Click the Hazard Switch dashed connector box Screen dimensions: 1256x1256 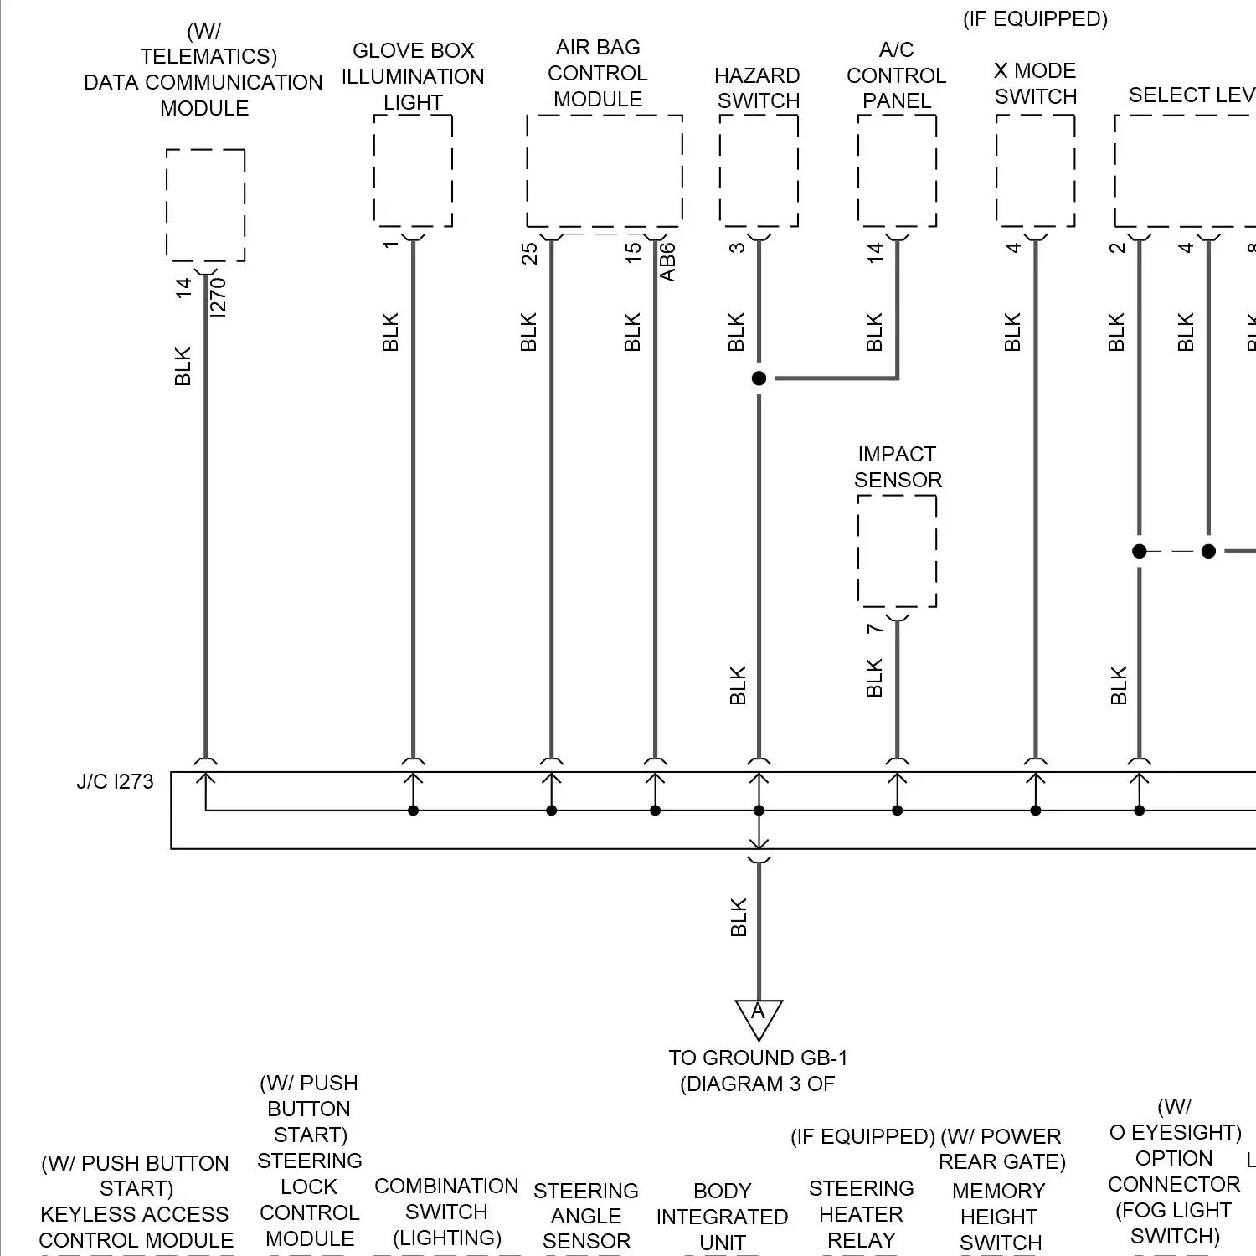point(759,171)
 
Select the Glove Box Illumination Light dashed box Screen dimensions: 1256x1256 point(413,171)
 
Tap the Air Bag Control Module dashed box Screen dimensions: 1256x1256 point(604,171)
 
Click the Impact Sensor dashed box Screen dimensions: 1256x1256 point(897,551)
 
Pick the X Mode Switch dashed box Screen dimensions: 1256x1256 point(1036,171)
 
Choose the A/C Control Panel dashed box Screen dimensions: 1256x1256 point(897,171)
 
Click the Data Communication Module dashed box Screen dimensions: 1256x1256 point(205,205)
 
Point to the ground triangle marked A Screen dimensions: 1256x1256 point(759,1016)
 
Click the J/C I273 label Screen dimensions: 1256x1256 point(116,781)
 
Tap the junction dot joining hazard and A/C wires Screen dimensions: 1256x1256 point(759,378)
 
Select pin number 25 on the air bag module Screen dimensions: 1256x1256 point(529,253)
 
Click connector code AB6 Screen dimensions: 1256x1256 point(667,262)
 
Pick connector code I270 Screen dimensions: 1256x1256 point(218,297)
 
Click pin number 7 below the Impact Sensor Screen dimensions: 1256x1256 point(874,628)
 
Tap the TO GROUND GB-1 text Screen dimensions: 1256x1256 point(758,1058)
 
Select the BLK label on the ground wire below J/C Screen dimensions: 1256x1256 point(738,918)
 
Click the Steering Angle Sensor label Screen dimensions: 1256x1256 point(586,1216)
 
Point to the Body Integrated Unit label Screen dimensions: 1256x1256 point(722,1217)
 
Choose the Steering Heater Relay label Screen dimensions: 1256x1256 point(861,1214)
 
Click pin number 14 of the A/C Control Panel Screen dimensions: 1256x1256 point(875,252)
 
